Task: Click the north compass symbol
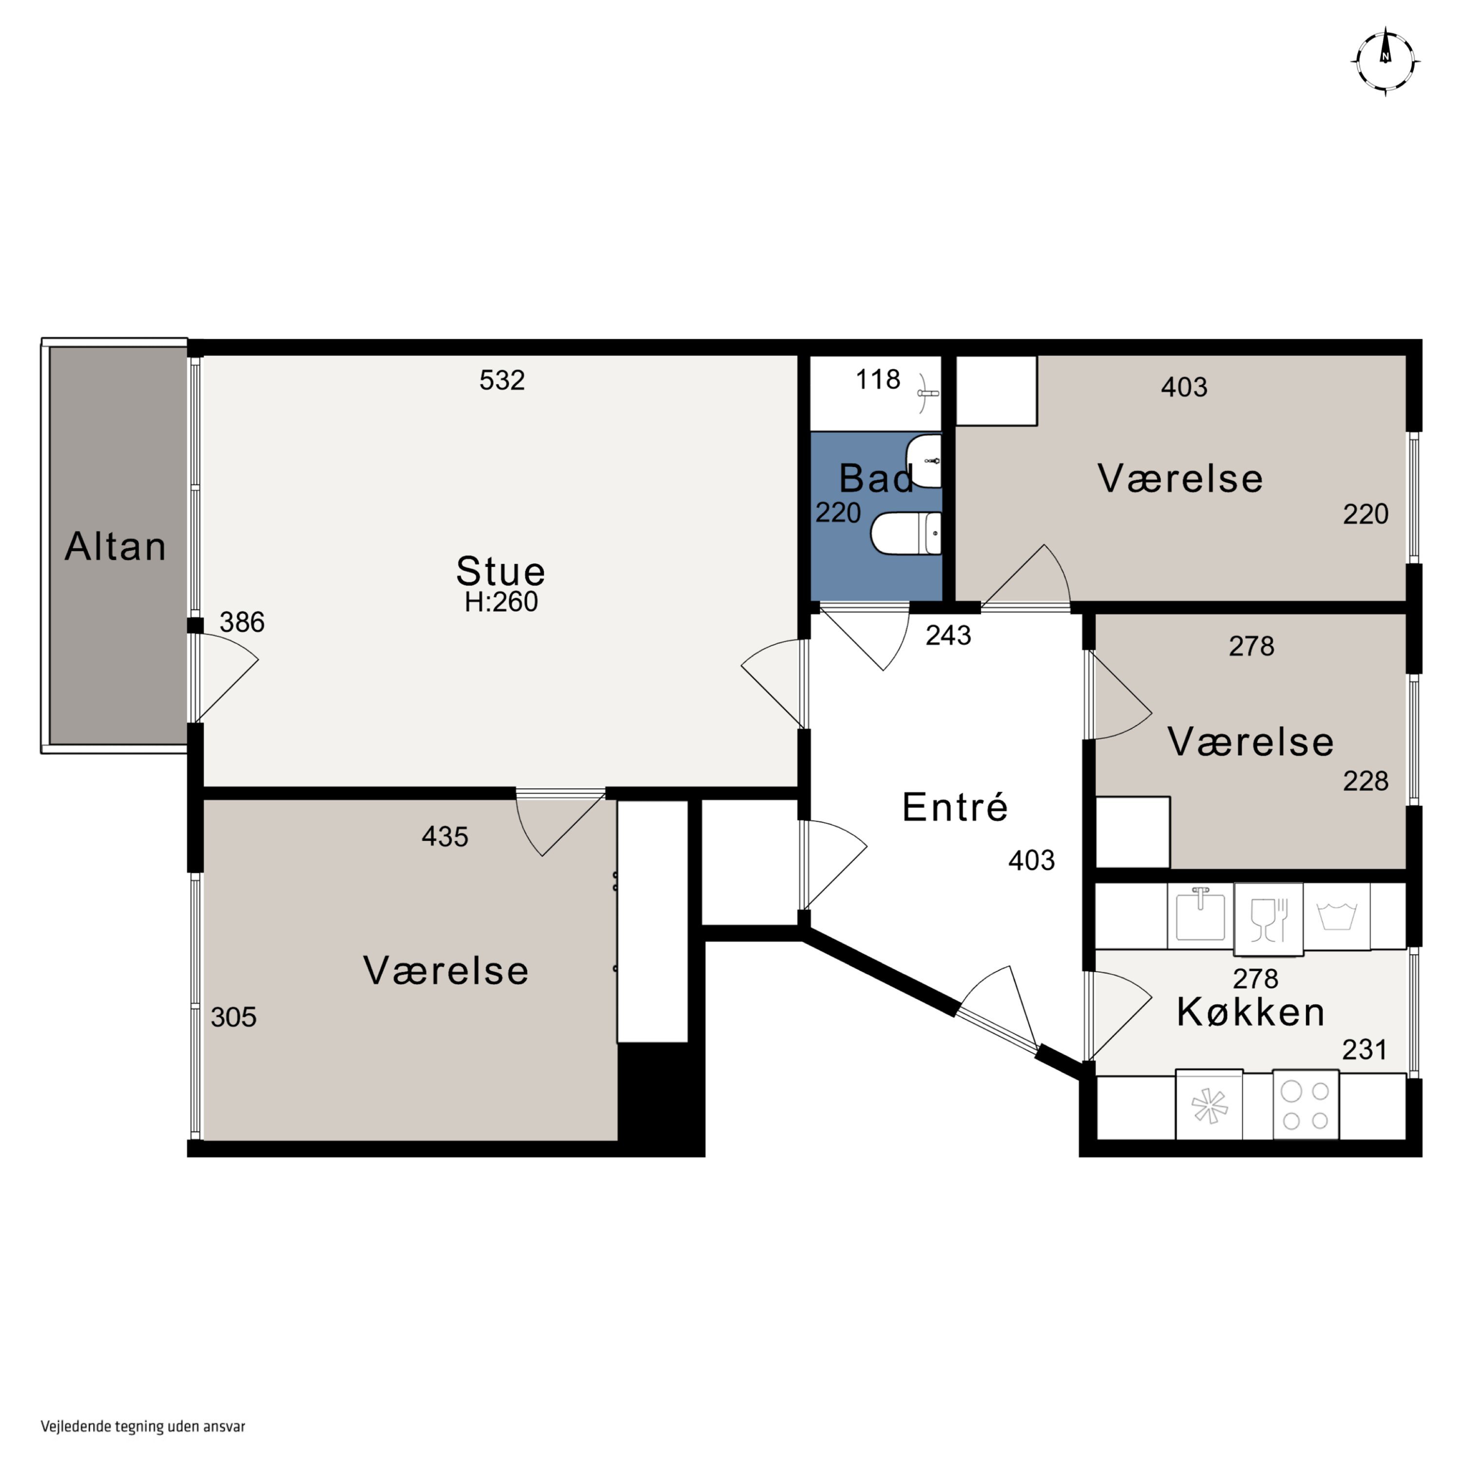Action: [x=1385, y=61]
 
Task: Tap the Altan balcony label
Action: [x=116, y=546]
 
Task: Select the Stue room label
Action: [x=500, y=571]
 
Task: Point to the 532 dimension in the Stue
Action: [x=502, y=380]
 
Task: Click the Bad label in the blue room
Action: [x=876, y=478]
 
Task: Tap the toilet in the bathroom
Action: [x=906, y=534]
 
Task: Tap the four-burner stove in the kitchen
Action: [x=1306, y=1104]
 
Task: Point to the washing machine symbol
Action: [x=1337, y=916]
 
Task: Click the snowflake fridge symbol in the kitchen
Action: [x=1209, y=1104]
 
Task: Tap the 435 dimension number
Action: [x=445, y=837]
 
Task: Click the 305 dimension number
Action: [x=234, y=1017]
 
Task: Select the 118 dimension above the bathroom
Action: [x=878, y=379]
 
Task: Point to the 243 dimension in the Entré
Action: [x=948, y=635]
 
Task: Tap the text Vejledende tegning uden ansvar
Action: [x=143, y=1426]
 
